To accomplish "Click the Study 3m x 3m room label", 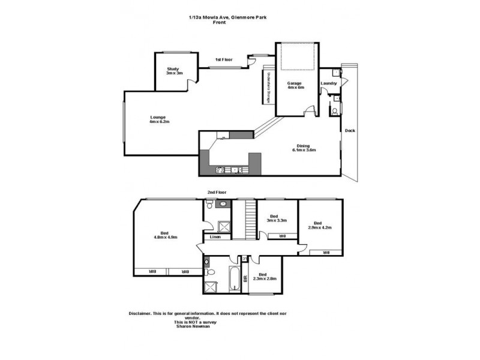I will click(x=175, y=71).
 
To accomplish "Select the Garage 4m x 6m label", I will click(x=296, y=85).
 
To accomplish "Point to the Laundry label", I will click(x=329, y=83).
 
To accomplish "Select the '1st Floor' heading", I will click(x=224, y=59).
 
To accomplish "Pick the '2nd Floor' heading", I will click(x=215, y=193).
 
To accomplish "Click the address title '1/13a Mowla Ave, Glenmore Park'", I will click(x=227, y=17).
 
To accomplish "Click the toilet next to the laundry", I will click(x=334, y=111).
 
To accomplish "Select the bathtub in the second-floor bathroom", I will click(x=234, y=281).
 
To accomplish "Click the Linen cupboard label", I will click(x=215, y=237).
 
